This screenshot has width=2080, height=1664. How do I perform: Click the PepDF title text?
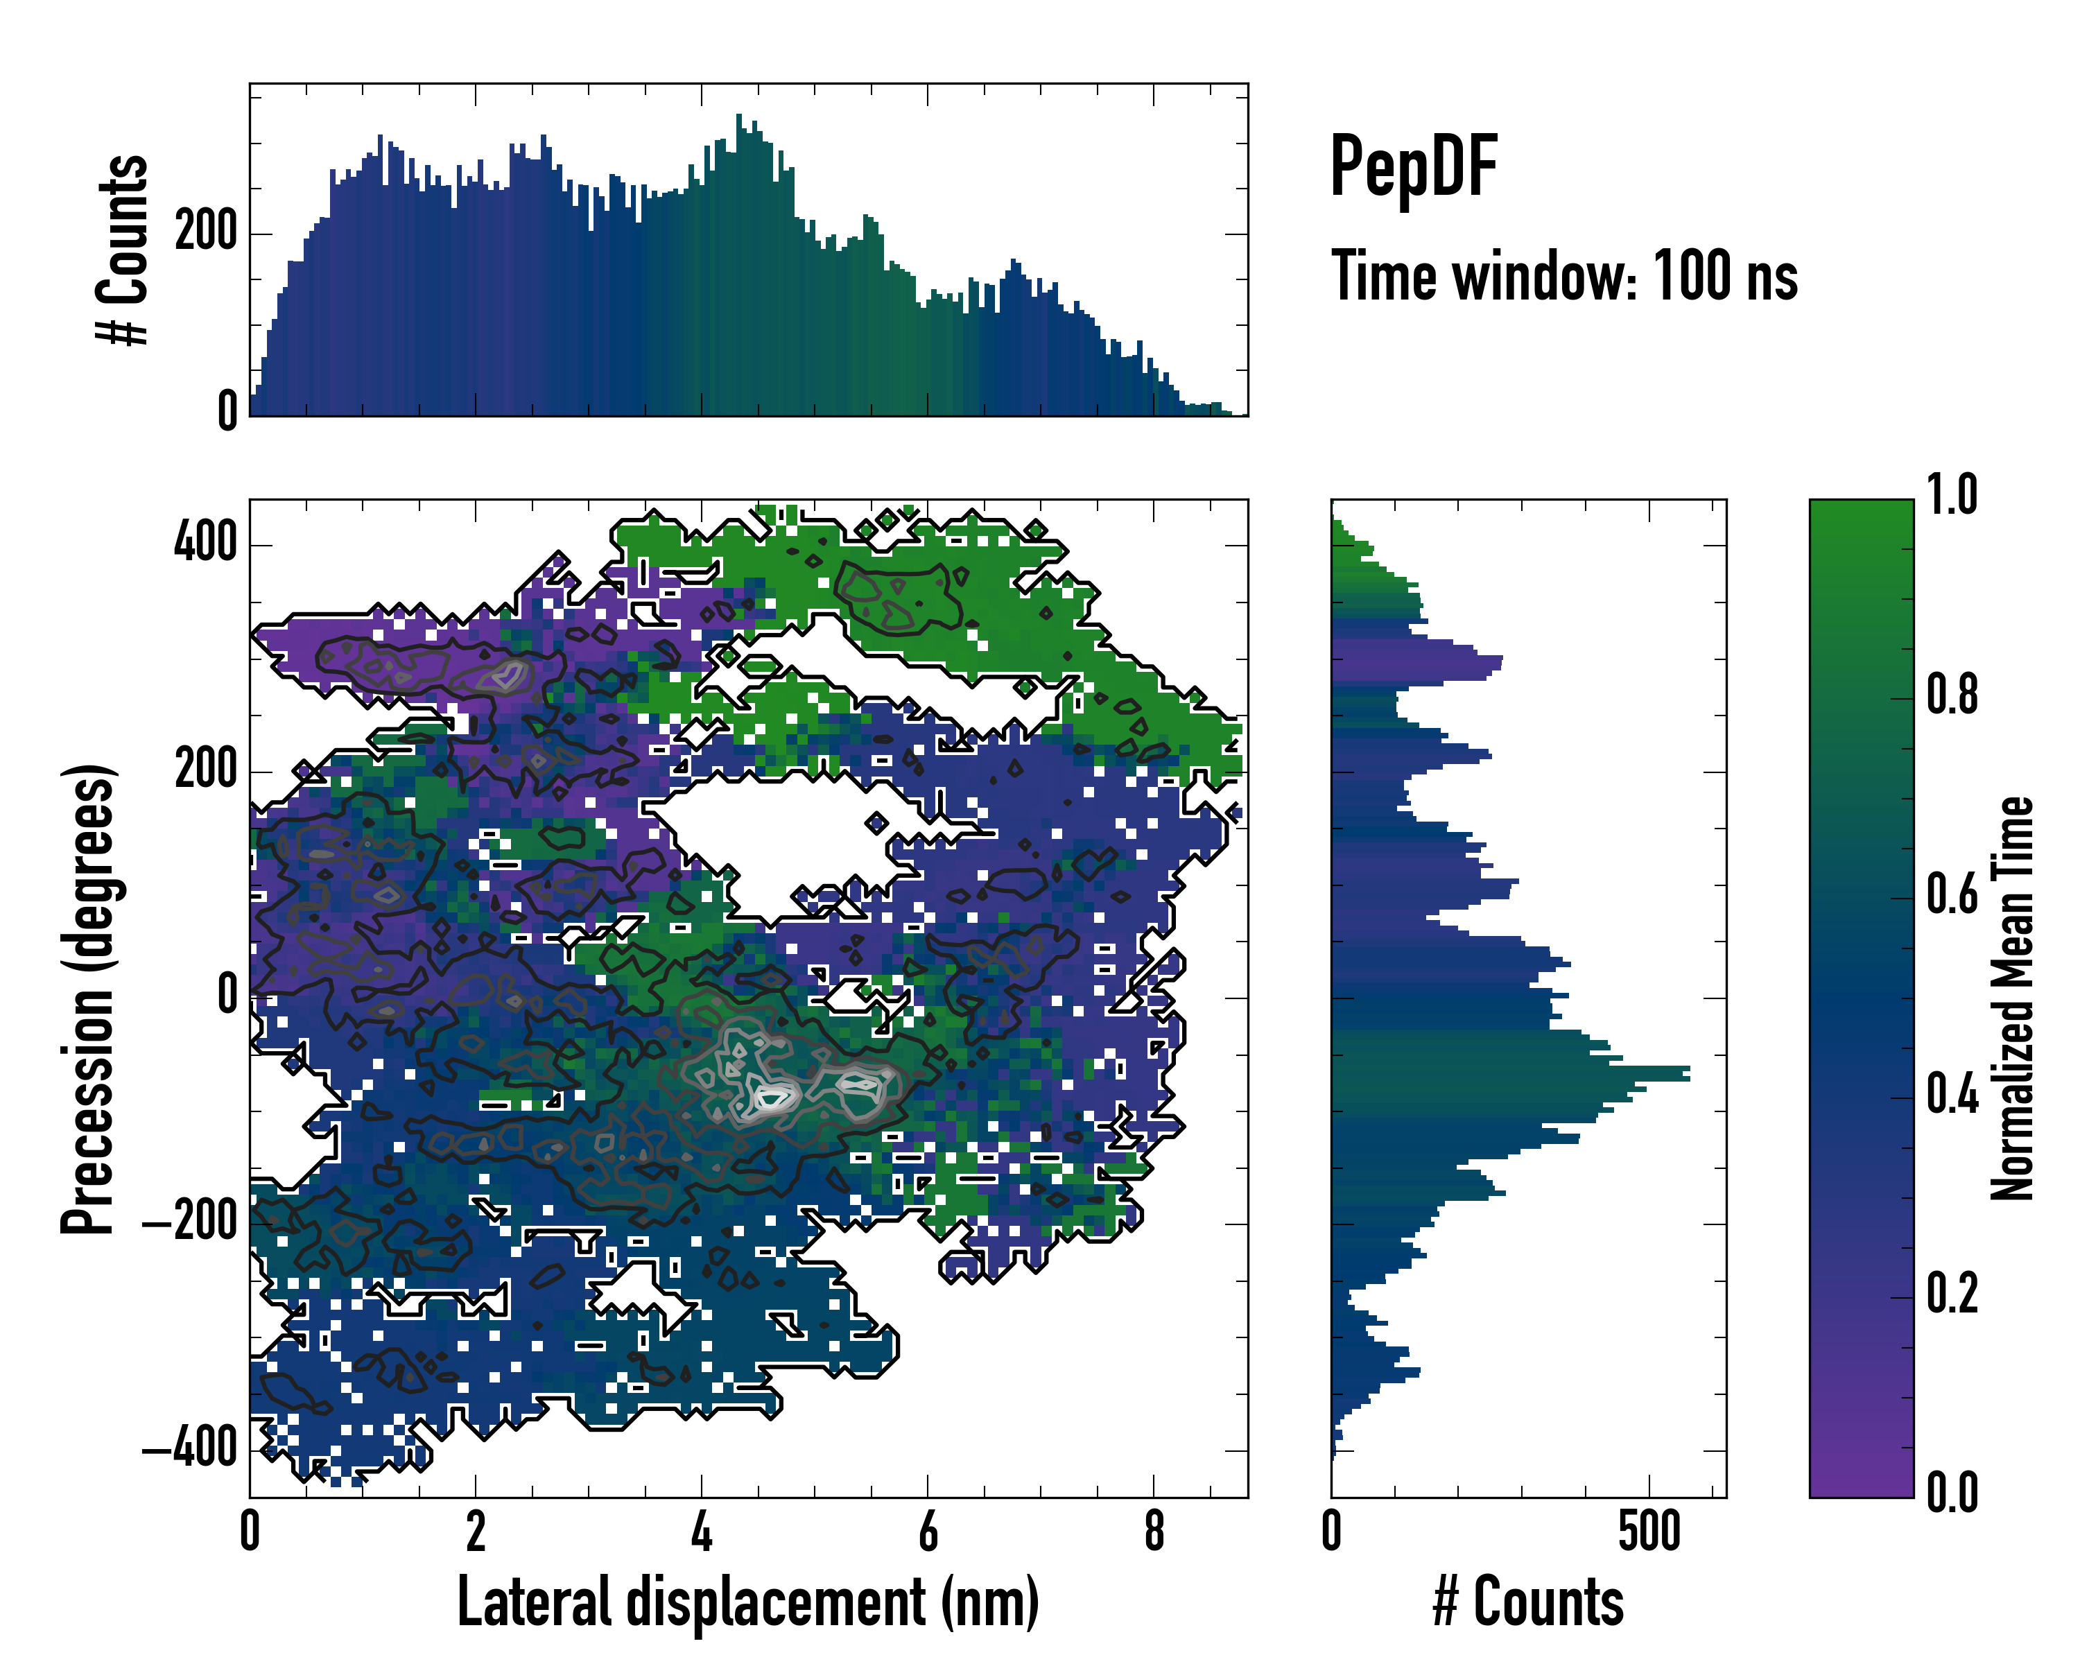1412,167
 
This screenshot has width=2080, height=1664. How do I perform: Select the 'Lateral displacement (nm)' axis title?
747,1602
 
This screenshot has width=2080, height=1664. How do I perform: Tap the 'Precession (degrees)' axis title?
89,998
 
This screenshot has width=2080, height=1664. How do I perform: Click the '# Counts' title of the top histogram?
123,250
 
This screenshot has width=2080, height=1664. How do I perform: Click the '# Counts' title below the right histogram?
1528,1602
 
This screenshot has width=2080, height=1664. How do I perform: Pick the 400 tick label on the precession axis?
205,543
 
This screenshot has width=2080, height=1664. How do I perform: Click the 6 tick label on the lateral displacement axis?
927,1532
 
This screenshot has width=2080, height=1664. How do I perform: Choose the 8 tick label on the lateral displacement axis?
1154,1532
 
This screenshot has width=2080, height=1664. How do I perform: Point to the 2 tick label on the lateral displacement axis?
476,1532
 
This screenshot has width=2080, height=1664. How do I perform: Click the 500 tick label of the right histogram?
1649,1532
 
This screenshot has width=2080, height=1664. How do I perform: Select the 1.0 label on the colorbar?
1952,496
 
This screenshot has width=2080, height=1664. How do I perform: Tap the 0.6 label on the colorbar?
1952,894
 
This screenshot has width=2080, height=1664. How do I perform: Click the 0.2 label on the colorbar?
1952,1292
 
